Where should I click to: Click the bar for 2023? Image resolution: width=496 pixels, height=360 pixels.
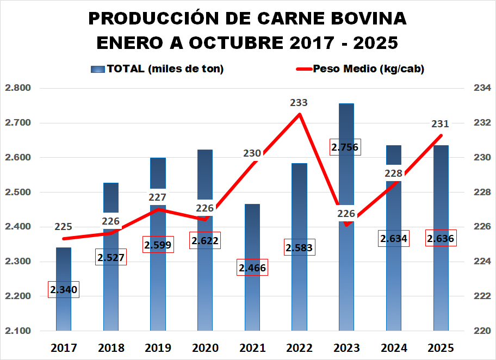(x=346, y=272)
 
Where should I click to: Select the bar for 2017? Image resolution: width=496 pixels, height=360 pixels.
(x=64, y=315)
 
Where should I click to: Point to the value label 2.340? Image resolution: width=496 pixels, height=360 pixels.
(x=64, y=290)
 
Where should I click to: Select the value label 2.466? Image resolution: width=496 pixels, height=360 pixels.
(x=252, y=268)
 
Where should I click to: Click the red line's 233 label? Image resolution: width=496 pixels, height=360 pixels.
(x=299, y=102)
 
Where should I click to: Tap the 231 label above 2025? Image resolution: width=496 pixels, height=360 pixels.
(x=441, y=124)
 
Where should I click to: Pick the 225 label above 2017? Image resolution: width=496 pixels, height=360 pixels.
(x=64, y=227)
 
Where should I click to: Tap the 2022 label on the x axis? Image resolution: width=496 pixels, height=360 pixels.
(x=299, y=348)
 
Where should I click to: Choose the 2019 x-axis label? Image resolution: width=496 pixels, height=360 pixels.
(x=158, y=348)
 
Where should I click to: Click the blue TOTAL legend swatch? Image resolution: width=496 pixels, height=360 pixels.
(x=97, y=69)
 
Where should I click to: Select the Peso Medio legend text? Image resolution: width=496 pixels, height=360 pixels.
(x=369, y=69)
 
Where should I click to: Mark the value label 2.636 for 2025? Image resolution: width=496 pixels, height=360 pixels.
(x=441, y=239)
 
